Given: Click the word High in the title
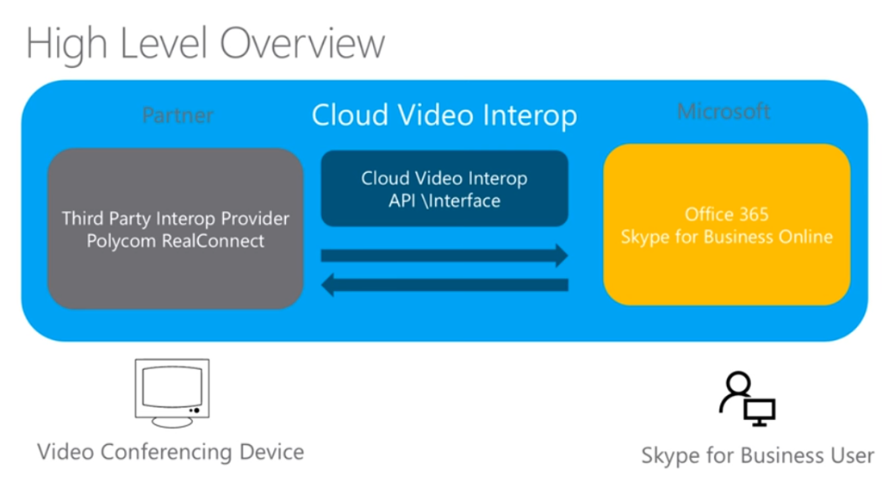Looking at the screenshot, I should [71, 43].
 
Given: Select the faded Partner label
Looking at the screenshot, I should [177, 114].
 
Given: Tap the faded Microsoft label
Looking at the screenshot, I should [724, 112].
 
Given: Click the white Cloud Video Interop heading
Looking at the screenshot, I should [444, 114].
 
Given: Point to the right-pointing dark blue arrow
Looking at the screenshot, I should [444, 255].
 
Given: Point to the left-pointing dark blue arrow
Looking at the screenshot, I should [444, 285].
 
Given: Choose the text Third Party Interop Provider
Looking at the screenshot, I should [176, 218].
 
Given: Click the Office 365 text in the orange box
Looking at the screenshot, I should [726, 214].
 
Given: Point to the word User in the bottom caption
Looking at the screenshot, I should [850, 454].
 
